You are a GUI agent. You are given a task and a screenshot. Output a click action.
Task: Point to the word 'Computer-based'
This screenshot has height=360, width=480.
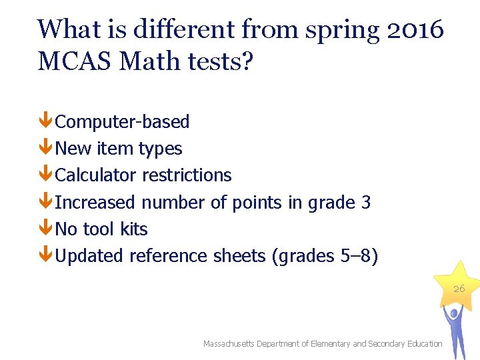point(123,122)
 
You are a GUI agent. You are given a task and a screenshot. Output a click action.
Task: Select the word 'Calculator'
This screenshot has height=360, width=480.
point(97,175)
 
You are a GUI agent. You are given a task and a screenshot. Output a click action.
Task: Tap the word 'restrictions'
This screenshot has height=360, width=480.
point(187,175)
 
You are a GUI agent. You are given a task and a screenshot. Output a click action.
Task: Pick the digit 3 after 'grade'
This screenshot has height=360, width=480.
point(365,202)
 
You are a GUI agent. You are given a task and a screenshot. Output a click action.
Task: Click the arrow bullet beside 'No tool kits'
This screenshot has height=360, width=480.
point(45,229)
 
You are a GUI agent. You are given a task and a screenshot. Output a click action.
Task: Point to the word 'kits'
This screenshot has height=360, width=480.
point(134,229)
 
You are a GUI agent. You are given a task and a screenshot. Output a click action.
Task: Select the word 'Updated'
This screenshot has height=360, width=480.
point(90,255)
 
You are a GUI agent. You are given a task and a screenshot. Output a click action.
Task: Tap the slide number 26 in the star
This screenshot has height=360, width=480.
point(459,289)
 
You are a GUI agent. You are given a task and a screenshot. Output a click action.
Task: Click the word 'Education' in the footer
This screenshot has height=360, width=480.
point(422,344)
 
